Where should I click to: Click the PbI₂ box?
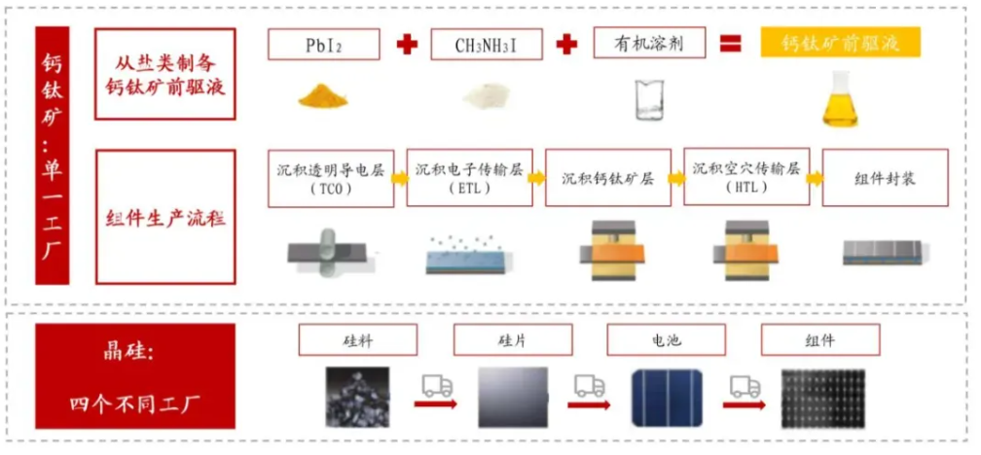click(325, 45)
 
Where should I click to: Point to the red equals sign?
click(729, 44)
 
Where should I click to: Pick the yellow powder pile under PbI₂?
click(325, 97)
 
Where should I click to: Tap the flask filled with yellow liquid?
click(839, 100)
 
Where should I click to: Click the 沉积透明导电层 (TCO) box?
click(331, 178)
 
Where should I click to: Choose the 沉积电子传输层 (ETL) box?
click(469, 178)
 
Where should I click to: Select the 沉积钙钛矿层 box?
click(607, 178)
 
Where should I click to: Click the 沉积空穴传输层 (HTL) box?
click(746, 177)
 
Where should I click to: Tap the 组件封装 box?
click(885, 178)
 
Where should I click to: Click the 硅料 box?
click(357, 340)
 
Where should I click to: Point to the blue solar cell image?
click(668, 397)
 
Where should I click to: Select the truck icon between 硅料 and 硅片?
click(436, 390)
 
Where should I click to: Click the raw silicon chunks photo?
click(357, 397)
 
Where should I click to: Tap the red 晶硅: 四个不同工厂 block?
click(135, 375)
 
